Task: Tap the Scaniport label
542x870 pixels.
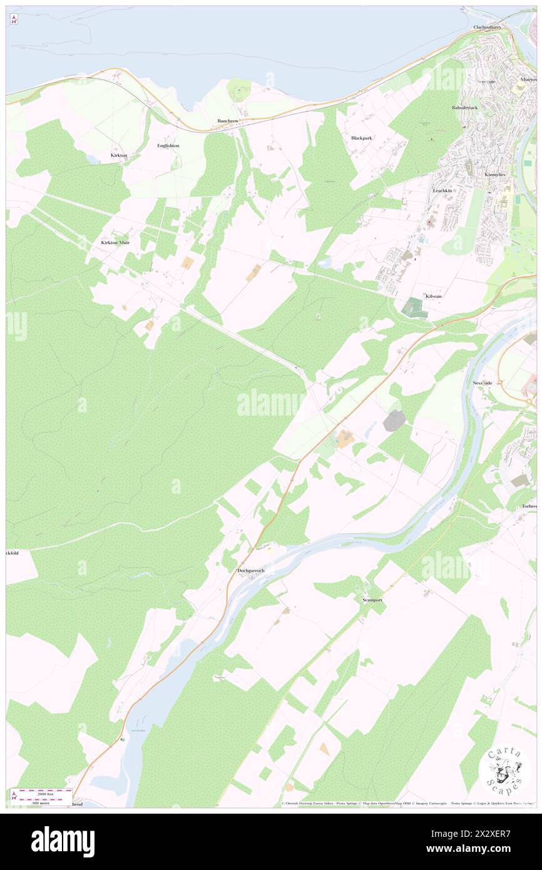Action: tap(372, 600)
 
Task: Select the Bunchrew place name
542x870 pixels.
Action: tap(228, 120)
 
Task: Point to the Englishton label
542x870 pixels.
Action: tap(168, 145)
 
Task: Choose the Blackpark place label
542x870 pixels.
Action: tap(362, 138)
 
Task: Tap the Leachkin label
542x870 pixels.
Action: tap(442, 190)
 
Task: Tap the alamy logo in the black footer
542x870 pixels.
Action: tap(63, 842)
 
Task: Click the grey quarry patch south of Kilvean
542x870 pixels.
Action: tap(394, 421)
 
